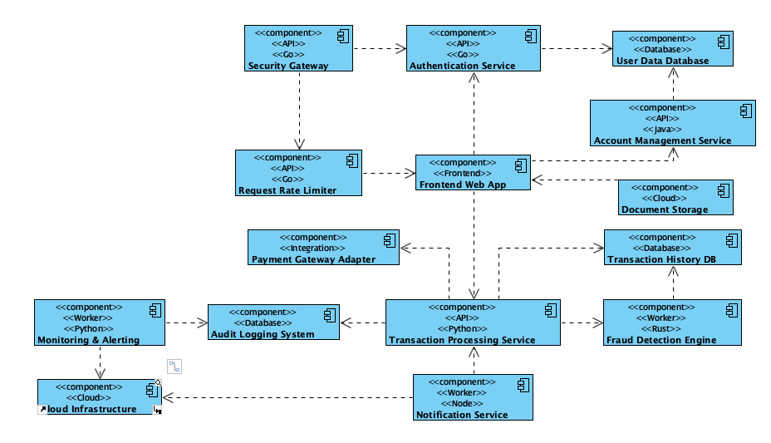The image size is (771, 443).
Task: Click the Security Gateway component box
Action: coord(298,48)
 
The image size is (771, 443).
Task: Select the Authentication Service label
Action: coord(462,66)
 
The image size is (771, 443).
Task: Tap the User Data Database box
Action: coord(672,49)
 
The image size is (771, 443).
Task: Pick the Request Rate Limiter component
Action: coord(298,173)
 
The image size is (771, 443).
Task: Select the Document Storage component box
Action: coord(675,198)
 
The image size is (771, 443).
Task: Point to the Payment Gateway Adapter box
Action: coord(323,248)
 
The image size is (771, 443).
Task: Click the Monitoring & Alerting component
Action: coord(99,322)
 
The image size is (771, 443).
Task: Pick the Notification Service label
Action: coord(462,415)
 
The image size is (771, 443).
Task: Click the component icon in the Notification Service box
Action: coord(521,386)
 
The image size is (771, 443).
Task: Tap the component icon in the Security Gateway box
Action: coord(341,35)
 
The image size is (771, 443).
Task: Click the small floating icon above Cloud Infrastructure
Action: coord(174,366)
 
